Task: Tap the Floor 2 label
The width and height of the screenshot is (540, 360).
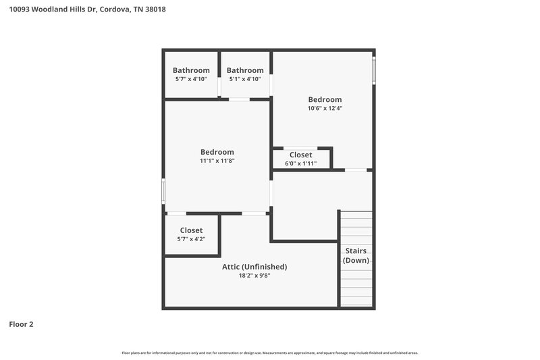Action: tap(21, 324)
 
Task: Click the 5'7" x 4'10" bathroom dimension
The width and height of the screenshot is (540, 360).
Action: tap(191, 79)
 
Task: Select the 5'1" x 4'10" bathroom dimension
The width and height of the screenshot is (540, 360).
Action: tap(244, 79)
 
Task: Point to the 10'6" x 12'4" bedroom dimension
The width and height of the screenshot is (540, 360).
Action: tap(325, 108)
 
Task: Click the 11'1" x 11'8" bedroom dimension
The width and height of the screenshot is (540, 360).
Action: tap(217, 161)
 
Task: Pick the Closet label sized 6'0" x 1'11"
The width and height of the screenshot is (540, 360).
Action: tap(300, 155)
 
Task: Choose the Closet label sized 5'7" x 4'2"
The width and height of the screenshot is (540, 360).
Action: tap(191, 230)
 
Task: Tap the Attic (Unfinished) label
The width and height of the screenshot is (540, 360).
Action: tap(254, 266)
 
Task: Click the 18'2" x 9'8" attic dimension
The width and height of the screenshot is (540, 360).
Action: tap(254, 275)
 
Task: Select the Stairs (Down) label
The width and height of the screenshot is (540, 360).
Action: tap(355, 256)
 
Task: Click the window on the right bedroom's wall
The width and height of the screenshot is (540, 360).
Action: tap(374, 69)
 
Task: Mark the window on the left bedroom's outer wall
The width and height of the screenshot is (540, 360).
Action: tap(163, 190)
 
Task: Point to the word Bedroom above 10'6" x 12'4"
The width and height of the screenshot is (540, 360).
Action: tap(325, 99)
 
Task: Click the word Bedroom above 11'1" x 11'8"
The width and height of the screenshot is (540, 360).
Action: tap(217, 152)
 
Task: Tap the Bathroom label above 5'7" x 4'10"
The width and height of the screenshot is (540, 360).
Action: tap(191, 70)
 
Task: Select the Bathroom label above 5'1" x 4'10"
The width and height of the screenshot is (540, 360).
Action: tap(244, 70)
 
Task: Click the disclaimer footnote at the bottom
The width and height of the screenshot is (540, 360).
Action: tap(270, 353)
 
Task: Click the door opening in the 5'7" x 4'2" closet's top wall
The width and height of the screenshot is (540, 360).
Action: tap(177, 213)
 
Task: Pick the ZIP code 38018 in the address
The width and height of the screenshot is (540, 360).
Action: tap(155, 9)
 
